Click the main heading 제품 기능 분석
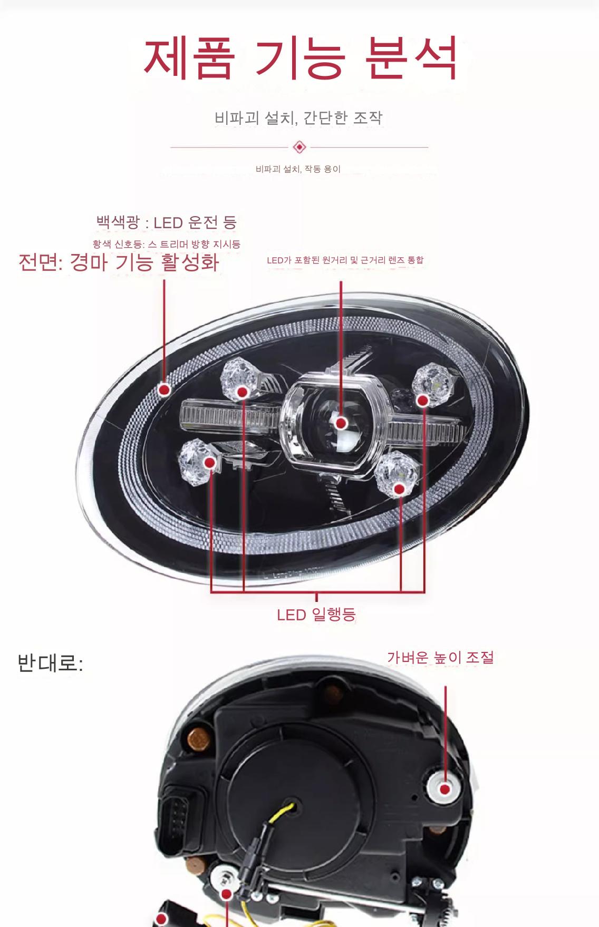point(299,58)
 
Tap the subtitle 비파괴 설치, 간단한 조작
point(298,118)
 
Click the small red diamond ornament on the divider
point(299,147)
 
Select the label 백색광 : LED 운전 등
point(167,222)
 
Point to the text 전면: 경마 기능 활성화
point(118,262)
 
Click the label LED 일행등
point(316,614)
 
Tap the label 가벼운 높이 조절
point(440,657)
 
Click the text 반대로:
point(50,663)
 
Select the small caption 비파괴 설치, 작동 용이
point(298,169)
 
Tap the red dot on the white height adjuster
point(445,789)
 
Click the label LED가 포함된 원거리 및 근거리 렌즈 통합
point(345,260)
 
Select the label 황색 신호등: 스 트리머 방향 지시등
point(166,244)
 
